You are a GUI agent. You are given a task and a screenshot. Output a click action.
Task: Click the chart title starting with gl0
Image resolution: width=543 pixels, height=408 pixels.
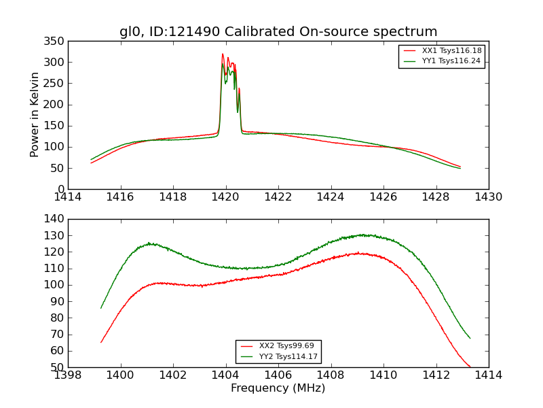tap(278, 32)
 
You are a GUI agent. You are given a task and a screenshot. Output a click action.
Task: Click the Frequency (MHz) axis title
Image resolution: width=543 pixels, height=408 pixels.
tap(278, 388)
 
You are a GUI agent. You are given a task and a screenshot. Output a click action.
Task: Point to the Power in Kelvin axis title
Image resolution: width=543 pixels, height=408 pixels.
tap(35, 115)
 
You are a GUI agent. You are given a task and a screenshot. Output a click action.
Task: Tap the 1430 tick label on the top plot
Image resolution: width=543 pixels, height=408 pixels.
tap(488, 197)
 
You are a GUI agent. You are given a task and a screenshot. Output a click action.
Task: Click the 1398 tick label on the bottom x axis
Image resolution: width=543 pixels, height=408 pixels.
tap(69, 375)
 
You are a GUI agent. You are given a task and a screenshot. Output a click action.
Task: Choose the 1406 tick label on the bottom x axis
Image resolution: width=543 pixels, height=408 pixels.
tap(278, 375)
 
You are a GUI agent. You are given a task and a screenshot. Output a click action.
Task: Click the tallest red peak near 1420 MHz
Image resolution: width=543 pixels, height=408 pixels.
tap(223, 54)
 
